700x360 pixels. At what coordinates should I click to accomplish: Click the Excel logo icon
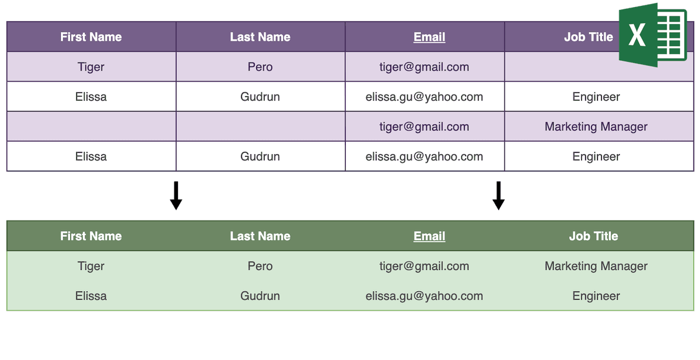(653, 35)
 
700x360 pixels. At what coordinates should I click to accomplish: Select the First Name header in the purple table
(91, 37)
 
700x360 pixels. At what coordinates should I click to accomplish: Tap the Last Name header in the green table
(260, 236)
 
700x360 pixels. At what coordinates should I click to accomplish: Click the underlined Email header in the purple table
(429, 37)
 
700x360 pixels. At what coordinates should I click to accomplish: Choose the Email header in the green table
(429, 236)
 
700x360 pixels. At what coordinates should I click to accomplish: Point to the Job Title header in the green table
(593, 236)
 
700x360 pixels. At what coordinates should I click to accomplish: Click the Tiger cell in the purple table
(91, 67)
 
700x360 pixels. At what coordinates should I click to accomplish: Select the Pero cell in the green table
(260, 266)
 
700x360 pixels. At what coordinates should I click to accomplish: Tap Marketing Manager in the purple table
(596, 127)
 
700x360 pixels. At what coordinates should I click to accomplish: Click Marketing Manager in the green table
(596, 266)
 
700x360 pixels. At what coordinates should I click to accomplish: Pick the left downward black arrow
(176, 195)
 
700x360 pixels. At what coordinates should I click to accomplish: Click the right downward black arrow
(498, 195)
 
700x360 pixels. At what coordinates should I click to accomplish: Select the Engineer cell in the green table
(596, 296)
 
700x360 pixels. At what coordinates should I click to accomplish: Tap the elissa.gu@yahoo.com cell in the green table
(424, 296)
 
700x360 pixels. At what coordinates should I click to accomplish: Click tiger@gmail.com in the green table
(424, 266)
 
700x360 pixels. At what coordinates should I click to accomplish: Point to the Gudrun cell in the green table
(260, 296)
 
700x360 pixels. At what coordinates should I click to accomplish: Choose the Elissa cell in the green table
(91, 296)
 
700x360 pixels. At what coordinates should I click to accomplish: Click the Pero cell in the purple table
(260, 67)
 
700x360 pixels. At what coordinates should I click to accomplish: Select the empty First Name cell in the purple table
(91, 126)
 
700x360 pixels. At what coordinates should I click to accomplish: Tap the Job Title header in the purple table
(589, 37)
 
